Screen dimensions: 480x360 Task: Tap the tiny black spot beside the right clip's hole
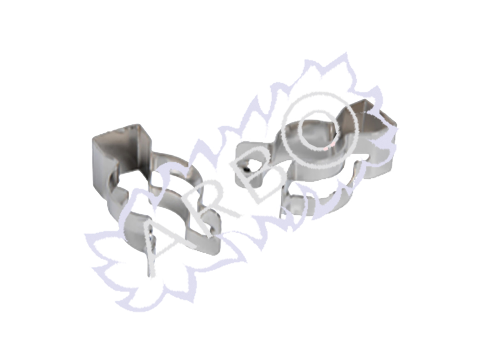247,169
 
